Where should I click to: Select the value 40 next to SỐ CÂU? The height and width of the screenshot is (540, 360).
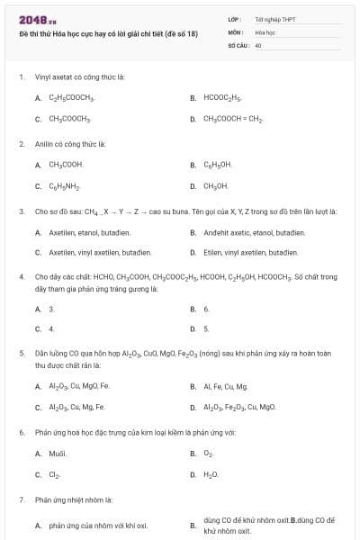258,44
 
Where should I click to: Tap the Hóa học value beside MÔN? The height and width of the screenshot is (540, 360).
265,31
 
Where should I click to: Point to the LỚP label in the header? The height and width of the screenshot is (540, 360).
234,18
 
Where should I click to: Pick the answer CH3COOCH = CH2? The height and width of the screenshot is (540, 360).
232,118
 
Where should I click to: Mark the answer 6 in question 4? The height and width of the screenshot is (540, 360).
206,309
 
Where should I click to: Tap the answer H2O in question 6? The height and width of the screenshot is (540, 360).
211,473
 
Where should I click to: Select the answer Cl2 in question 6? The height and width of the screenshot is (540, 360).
55,473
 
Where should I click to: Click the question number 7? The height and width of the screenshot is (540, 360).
22,499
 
